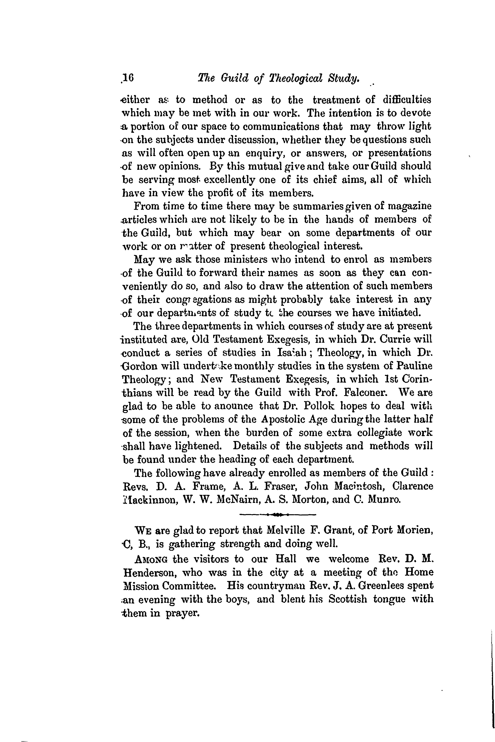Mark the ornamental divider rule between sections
278,515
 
